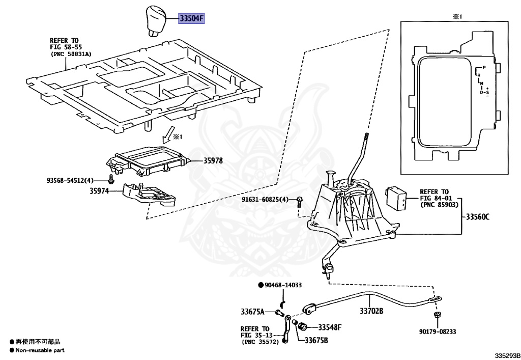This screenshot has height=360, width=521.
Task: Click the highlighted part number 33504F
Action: coord(190,19)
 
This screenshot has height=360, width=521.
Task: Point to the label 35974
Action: coord(100,192)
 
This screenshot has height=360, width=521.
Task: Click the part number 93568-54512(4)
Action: coord(70,180)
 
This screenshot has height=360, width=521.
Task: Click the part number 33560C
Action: coord(476,217)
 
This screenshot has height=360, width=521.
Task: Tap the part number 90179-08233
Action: coord(438,331)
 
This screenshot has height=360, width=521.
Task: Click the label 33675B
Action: coord(316,341)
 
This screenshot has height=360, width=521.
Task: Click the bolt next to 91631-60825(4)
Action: coord(300,201)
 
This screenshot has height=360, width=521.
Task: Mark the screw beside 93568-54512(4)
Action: coord(111,179)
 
